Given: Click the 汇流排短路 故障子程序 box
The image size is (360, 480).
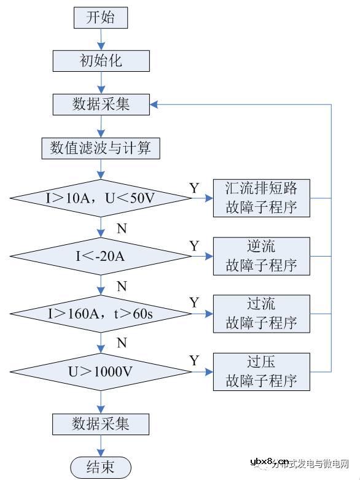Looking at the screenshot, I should [262, 198].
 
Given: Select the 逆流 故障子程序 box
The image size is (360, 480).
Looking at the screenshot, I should [262, 255].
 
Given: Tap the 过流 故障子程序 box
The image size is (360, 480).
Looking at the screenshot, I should [262, 313].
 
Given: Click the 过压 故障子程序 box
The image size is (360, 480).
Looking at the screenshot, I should [262, 371].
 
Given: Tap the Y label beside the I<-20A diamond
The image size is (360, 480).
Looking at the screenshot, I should [194, 246].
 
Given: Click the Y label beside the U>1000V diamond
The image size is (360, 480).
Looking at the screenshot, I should [194, 360].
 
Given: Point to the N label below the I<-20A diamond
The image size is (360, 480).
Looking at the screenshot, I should [122, 287].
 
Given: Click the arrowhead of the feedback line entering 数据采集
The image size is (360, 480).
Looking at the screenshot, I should [154, 104].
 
